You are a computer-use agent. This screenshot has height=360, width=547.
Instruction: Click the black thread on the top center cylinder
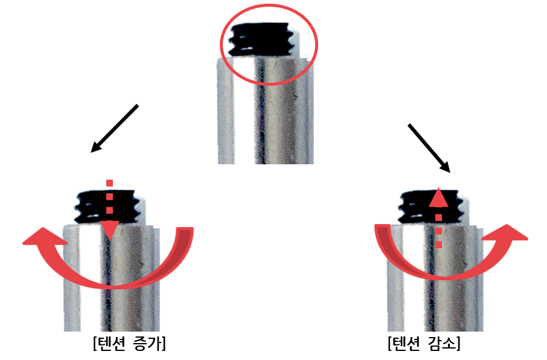coord(260,39)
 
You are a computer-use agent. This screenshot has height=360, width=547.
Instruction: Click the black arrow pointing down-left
coord(115,128)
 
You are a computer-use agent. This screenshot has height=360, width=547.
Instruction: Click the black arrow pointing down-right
coord(429,149)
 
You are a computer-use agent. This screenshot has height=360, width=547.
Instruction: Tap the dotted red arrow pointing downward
coord(109,210)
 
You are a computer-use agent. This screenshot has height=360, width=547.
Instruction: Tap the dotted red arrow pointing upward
coord(438,218)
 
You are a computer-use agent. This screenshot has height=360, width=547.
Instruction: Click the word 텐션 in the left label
coord(112,344)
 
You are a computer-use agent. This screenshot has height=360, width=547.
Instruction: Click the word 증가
coord(148,344)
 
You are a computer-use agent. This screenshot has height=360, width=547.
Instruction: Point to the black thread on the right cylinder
coord(431,207)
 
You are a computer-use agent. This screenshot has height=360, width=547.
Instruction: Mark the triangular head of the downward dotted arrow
coord(109,230)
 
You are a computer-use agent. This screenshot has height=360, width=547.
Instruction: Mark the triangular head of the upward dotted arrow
coord(438,198)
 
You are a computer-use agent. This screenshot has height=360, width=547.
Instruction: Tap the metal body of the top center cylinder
coord(266,111)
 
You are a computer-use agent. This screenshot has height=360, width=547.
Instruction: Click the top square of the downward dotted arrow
coord(109,183)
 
